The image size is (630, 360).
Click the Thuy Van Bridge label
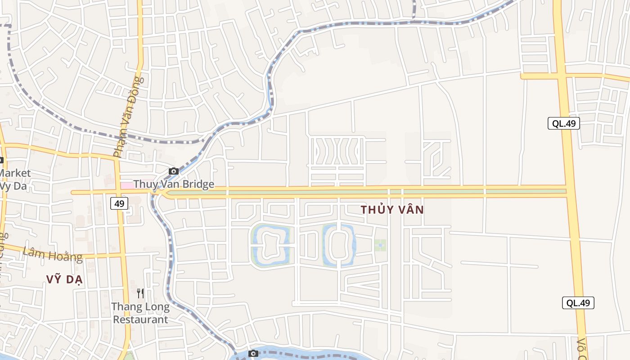coord(174,184)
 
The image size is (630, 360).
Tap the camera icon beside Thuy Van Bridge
coord(174,171)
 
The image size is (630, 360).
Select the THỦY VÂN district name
coord(392,210)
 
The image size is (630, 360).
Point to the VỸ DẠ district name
coord(64,279)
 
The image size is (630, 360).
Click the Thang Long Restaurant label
coord(140,313)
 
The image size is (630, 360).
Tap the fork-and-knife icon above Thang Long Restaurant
coord(140,293)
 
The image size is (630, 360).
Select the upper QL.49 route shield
coord(563,123)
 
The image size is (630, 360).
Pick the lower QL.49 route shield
coord(578,303)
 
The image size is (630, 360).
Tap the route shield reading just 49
coord(119,203)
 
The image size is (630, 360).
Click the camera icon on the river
coord(253,353)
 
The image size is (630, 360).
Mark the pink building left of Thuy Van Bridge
coord(126,185)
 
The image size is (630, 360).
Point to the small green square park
coord(380,245)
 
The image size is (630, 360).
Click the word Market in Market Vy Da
coord(15,173)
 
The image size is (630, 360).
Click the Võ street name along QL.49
coord(582,348)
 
